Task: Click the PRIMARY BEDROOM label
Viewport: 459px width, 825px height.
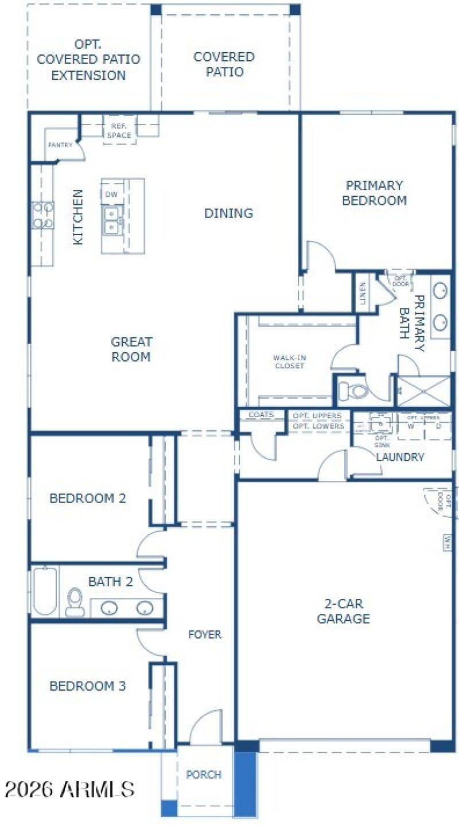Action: [374, 193]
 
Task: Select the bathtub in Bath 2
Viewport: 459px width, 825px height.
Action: [45, 591]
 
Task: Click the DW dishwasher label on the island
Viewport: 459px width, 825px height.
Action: [111, 195]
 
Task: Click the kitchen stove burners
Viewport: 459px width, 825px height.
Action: [43, 215]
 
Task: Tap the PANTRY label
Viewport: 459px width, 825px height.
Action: [60, 145]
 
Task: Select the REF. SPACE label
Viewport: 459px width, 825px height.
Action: [119, 131]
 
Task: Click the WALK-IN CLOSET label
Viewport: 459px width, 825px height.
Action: [288, 362]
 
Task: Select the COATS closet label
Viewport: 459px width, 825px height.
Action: [261, 415]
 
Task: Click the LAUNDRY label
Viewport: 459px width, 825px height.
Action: [400, 457]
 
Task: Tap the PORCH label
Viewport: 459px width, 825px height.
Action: [204, 775]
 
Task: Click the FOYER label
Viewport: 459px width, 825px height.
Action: [205, 635]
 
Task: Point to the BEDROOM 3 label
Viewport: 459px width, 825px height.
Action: [87, 686]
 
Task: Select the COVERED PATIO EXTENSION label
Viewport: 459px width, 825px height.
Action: [88, 60]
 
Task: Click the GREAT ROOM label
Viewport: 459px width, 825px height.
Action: [131, 349]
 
